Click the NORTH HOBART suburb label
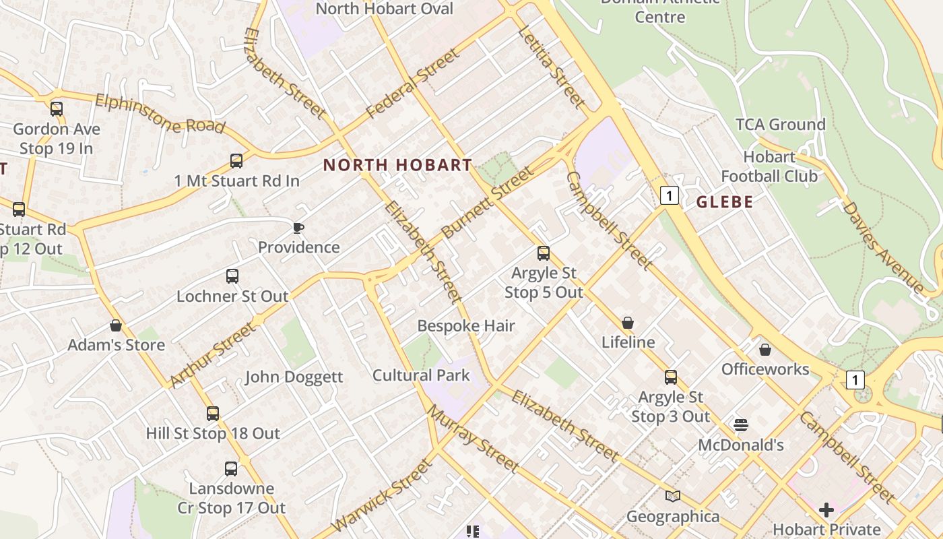(397, 165)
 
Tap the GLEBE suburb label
(725, 202)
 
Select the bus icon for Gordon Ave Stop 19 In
(57, 108)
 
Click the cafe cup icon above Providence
(298, 228)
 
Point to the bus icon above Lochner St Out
(232, 276)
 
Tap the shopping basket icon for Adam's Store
(116, 326)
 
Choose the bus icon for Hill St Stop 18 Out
(213, 413)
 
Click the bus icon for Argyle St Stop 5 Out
(544, 253)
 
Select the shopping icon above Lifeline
(628, 323)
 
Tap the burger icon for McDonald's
(740, 425)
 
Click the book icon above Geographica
(672, 497)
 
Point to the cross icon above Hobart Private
(826, 509)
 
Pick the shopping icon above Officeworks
(765, 350)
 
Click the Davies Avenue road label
(883, 246)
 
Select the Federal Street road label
(413, 83)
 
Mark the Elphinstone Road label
(160, 114)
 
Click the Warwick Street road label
(381, 495)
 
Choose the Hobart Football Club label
(769, 166)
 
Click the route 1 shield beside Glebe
(669, 195)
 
